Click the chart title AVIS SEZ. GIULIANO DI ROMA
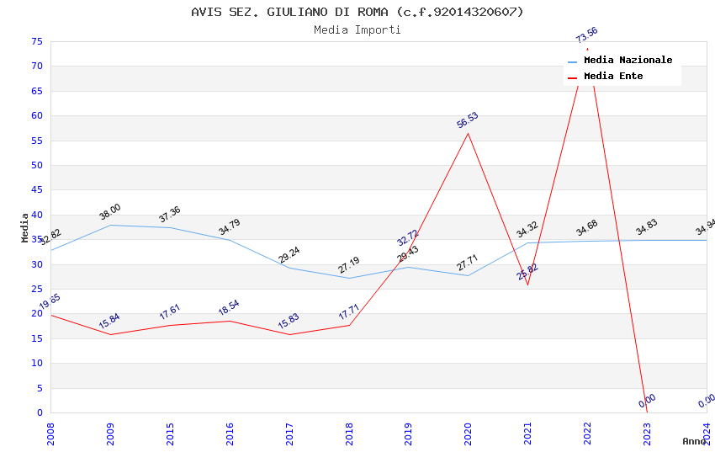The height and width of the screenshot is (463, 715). click(357, 12)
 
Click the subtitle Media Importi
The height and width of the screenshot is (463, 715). click(357, 29)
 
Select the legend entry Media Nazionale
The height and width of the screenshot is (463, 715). click(628, 61)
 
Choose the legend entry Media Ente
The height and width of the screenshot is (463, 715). click(613, 77)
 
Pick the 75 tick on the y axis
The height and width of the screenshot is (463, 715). click(35, 41)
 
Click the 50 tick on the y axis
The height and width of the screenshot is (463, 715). click(35, 165)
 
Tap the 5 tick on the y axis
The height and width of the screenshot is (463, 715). click(39, 388)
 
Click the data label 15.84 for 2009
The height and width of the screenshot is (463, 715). click(110, 322)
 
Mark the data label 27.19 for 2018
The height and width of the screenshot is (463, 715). click(349, 266)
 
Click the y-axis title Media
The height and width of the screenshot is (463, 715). click(25, 227)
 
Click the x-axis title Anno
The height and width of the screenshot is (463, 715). click(694, 441)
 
